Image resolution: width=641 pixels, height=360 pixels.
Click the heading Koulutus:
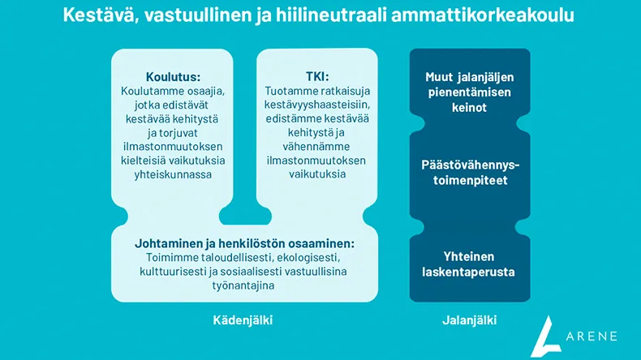click(x=173, y=77)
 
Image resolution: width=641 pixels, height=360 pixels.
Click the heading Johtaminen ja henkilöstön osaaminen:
click(x=244, y=242)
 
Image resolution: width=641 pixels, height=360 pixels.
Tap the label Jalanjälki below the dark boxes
click(x=470, y=320)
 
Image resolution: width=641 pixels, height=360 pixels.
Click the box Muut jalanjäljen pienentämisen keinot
click(x=470, y=92)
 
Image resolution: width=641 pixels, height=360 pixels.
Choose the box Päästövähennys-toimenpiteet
click(x=470, y=172)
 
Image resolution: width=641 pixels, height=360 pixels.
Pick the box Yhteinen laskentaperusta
click(x=470, y=264)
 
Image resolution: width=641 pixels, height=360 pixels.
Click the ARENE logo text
click(x=592, y=335)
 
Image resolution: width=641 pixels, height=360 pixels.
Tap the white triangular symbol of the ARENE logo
click(x=549, y=333)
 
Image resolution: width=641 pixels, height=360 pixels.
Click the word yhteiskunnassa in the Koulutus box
click(x=173, y=174)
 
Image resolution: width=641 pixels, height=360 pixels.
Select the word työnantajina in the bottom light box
click(x=244, y=285)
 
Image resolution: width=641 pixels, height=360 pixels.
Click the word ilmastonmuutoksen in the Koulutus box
click(x=173, y=147)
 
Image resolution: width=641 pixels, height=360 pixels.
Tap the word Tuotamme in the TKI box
click(x=290, y=91)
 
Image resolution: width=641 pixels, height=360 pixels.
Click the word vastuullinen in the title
click(x=193, y=15)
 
